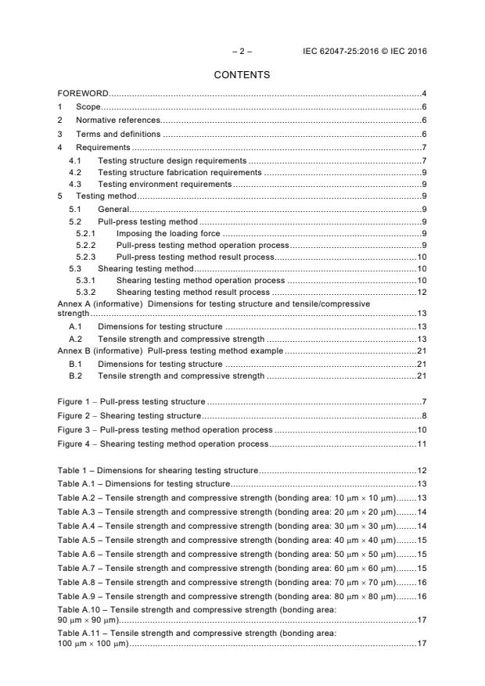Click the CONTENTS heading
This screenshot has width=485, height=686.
point(242,75)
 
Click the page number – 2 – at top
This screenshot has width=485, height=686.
point(242,52)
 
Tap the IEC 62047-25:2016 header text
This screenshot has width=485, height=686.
point(365,52)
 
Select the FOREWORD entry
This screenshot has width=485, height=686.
point(83,94)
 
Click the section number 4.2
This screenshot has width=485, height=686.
point(75,171)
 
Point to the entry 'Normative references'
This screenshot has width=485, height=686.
point(117,120)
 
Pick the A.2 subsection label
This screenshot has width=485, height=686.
point(75,339)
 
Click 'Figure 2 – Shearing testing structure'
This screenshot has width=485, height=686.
point(129,415)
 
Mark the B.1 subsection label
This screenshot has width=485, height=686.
point(75,364)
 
